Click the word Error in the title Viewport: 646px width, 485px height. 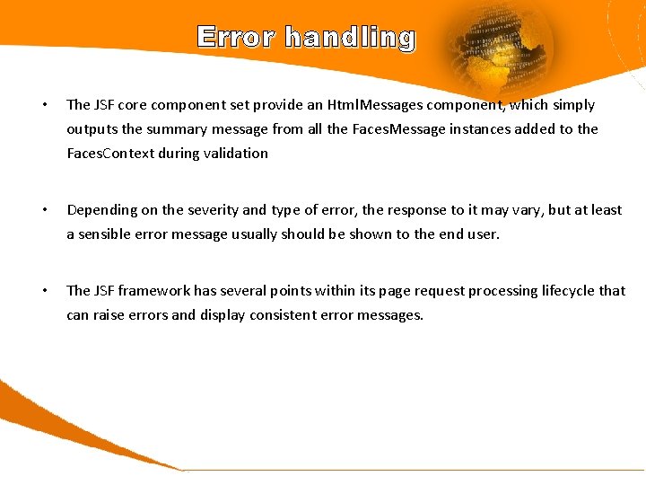pos(236,37)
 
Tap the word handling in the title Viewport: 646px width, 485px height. pos(350,38)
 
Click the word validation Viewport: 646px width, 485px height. pos(237,154)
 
